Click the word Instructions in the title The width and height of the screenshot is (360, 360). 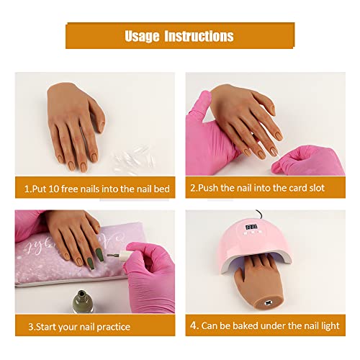tap(202, 36)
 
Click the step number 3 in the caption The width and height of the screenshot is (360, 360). tap(32, 325)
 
